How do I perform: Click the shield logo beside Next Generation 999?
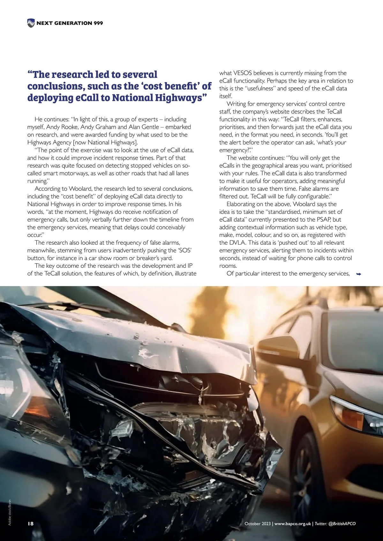click(x=31, y=23)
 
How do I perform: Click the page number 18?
click(x=31, y=523)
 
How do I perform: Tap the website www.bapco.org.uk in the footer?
click(x=293, y=523)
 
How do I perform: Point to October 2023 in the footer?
click(x=257, y=523)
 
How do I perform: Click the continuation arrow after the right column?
click(x=358, y=274)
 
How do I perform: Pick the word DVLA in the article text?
click(x=237, y=242)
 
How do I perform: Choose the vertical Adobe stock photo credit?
click(x=10, y=512)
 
